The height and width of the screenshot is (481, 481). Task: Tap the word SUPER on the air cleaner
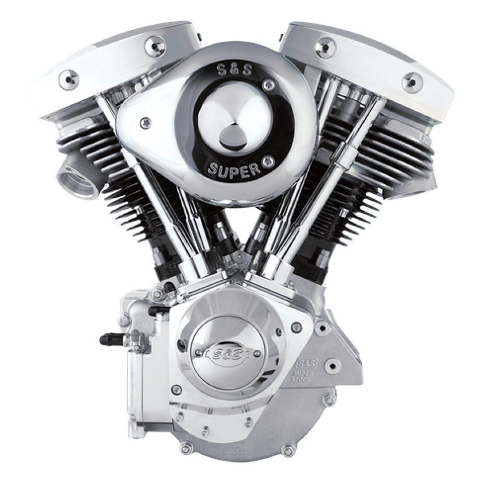[234, 168]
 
